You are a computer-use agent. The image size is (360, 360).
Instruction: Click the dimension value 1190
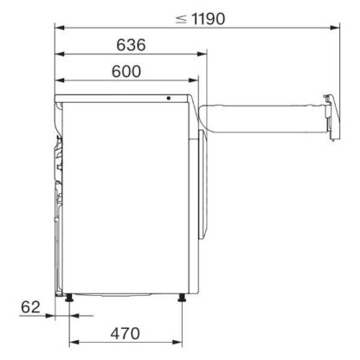(x=208, y=19)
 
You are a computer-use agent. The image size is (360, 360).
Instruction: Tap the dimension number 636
(x=131, y=45)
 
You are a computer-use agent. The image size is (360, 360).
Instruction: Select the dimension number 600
(x=126, y=72)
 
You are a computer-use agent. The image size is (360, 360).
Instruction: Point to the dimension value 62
(x=30, y=307)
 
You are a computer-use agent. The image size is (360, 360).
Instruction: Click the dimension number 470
(x=125, y=334)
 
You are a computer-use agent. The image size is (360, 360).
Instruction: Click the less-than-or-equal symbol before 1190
(x=181, y=19)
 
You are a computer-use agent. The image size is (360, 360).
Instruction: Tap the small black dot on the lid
(x=169, y=98)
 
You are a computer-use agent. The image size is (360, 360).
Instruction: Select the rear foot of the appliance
(x=69, y=298)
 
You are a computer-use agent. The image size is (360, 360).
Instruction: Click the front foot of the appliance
(x=182, y=298)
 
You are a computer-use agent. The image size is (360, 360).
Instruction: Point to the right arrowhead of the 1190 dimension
(x=335, y=28)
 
